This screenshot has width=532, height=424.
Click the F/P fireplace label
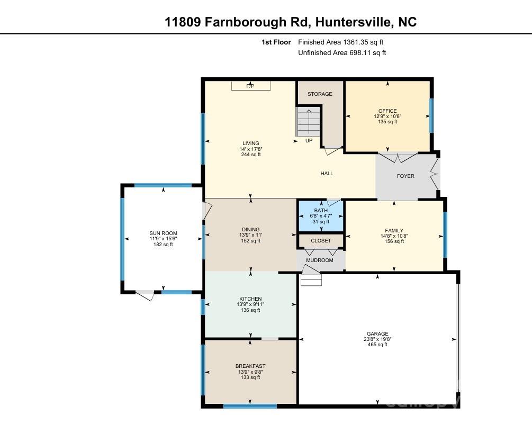pyautogui.click(x=250, y=86)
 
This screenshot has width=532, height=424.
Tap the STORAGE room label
pyautogui.click(x=320, y=94)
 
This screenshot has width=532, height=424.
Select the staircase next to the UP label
pyautogui.click(x=308, y=121)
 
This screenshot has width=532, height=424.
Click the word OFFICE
pyautogui.click(x=387, y=111)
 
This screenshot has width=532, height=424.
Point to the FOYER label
pyautogui.click(x=405, y=176)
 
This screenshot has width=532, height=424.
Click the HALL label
pyautogui.click(x=327, y=173)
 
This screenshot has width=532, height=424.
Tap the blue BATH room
pyautogui.click(x=321, y=216)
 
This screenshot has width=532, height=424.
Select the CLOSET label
pyautogui.click(x=321, y=240)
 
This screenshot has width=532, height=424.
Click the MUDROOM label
pyautogui.click(x=320, y=260)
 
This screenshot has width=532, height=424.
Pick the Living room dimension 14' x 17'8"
pyautogui.click(x=251, y=149)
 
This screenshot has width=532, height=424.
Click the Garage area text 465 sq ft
pyautogui.click(x=377, y=345)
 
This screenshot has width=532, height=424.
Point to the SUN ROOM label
pyautogui.click(x=163, y=233)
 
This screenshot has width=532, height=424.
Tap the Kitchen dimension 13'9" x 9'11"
pyautogui.click(x=250, y=304)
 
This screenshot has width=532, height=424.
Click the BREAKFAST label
pyautogui.click(x=250, y=366)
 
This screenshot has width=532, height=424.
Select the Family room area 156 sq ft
pyautogui.click(x=394, y=241)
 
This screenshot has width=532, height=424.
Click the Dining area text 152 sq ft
pyautogui.click(x=250, y=241)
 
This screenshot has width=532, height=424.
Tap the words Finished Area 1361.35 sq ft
pyautogui.click(x=341, y=42)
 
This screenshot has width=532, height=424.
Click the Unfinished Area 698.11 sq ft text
pyautogui.click(x=342, y=52)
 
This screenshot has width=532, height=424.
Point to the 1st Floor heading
pyautogui.click(x=276, y=42)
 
